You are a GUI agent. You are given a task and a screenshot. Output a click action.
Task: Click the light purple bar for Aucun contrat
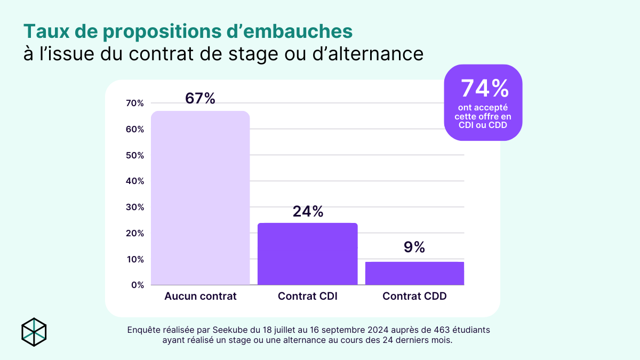click(201, 198)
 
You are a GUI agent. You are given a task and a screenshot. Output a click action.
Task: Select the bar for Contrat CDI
click(307, 254)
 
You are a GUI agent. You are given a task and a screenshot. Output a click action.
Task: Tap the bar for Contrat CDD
click(414, 273)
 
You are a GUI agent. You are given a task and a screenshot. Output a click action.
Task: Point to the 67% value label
click(200, 99)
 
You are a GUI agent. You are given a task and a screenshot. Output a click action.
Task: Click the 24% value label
click(308, 212)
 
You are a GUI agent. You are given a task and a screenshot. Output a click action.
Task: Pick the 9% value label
click(414, 247)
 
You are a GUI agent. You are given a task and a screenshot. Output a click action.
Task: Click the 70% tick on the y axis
click(135, 103)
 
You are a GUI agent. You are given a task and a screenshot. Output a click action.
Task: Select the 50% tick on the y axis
click(135, 155)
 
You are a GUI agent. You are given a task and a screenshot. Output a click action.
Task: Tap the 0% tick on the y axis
click(137, 285)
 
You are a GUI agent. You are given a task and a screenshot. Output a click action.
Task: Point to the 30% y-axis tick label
click(135, 207)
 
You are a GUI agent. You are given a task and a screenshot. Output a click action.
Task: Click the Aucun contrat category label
click(201, 296)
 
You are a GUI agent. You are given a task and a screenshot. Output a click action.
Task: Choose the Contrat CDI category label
click(308, 296)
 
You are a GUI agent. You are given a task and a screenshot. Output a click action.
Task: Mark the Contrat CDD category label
click(414, 296)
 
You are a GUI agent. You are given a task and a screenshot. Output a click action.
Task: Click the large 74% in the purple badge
click(483, 89)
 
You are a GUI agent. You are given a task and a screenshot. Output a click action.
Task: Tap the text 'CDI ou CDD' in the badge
click(483, 125)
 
